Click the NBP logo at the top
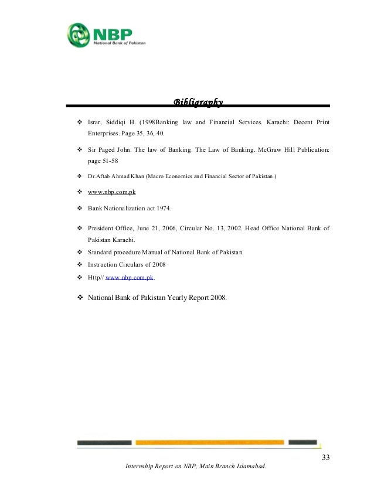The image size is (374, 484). click(106, 35)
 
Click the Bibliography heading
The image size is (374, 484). click(198, 104)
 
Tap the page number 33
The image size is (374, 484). click(325, 457)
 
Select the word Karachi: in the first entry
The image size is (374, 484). click(265, 123)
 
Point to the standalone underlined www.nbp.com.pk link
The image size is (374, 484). click(112, 192)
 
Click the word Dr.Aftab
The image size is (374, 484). click(101, 176)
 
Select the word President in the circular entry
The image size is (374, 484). click(102, 229)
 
